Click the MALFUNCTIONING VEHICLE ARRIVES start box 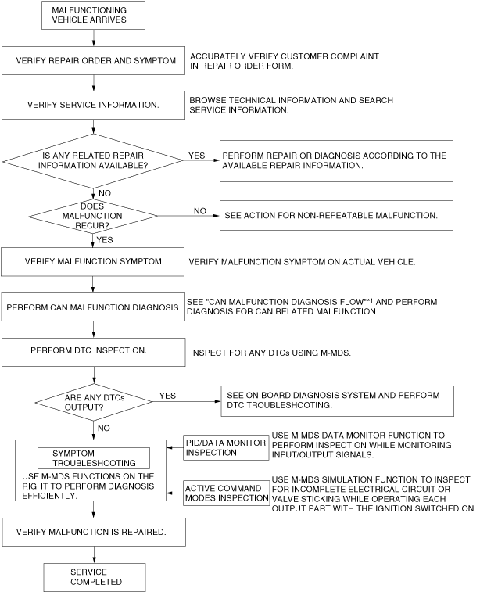93,16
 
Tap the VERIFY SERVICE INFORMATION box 93,105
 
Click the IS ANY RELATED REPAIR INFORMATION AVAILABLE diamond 93,160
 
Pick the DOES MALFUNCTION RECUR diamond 93,213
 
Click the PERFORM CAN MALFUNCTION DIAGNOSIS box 93,307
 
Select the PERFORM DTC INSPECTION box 93,352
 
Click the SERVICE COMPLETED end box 94,577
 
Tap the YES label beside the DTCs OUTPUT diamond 167,396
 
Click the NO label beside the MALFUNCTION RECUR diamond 200,210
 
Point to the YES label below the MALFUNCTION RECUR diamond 105,239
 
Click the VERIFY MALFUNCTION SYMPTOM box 93,261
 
